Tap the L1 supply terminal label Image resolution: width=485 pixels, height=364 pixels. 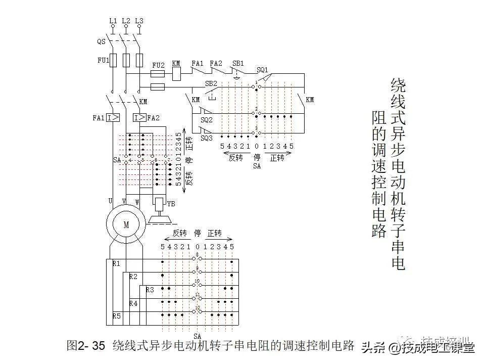[x=113, y=21]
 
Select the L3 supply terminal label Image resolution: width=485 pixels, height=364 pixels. [x=139, y=21]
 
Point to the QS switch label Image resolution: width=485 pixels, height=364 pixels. [x=101, y=42]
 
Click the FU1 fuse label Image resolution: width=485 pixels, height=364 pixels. [x=103, y=60]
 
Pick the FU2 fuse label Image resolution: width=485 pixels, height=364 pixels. [x=158, y=65]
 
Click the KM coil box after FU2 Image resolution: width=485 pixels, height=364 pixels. [x=177, y=74]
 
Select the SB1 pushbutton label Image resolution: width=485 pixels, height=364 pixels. [x=238, y=64]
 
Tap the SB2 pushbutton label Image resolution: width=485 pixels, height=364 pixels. [x=211, y=83]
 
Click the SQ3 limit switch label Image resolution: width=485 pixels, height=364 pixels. [x=206, y=138]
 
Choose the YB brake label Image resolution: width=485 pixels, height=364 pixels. [x=171, y=204]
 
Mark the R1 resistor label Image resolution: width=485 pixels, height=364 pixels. [x=117, y=264]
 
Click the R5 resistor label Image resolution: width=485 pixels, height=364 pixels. [x=117, y=316]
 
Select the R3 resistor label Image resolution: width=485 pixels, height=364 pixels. [x=150, y=290]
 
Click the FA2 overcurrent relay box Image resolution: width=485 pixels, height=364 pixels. [x=139, y=118]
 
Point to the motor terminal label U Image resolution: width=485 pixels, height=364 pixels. [x=110, y=201]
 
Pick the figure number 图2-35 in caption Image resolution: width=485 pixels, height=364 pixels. [x=85, y=346]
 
